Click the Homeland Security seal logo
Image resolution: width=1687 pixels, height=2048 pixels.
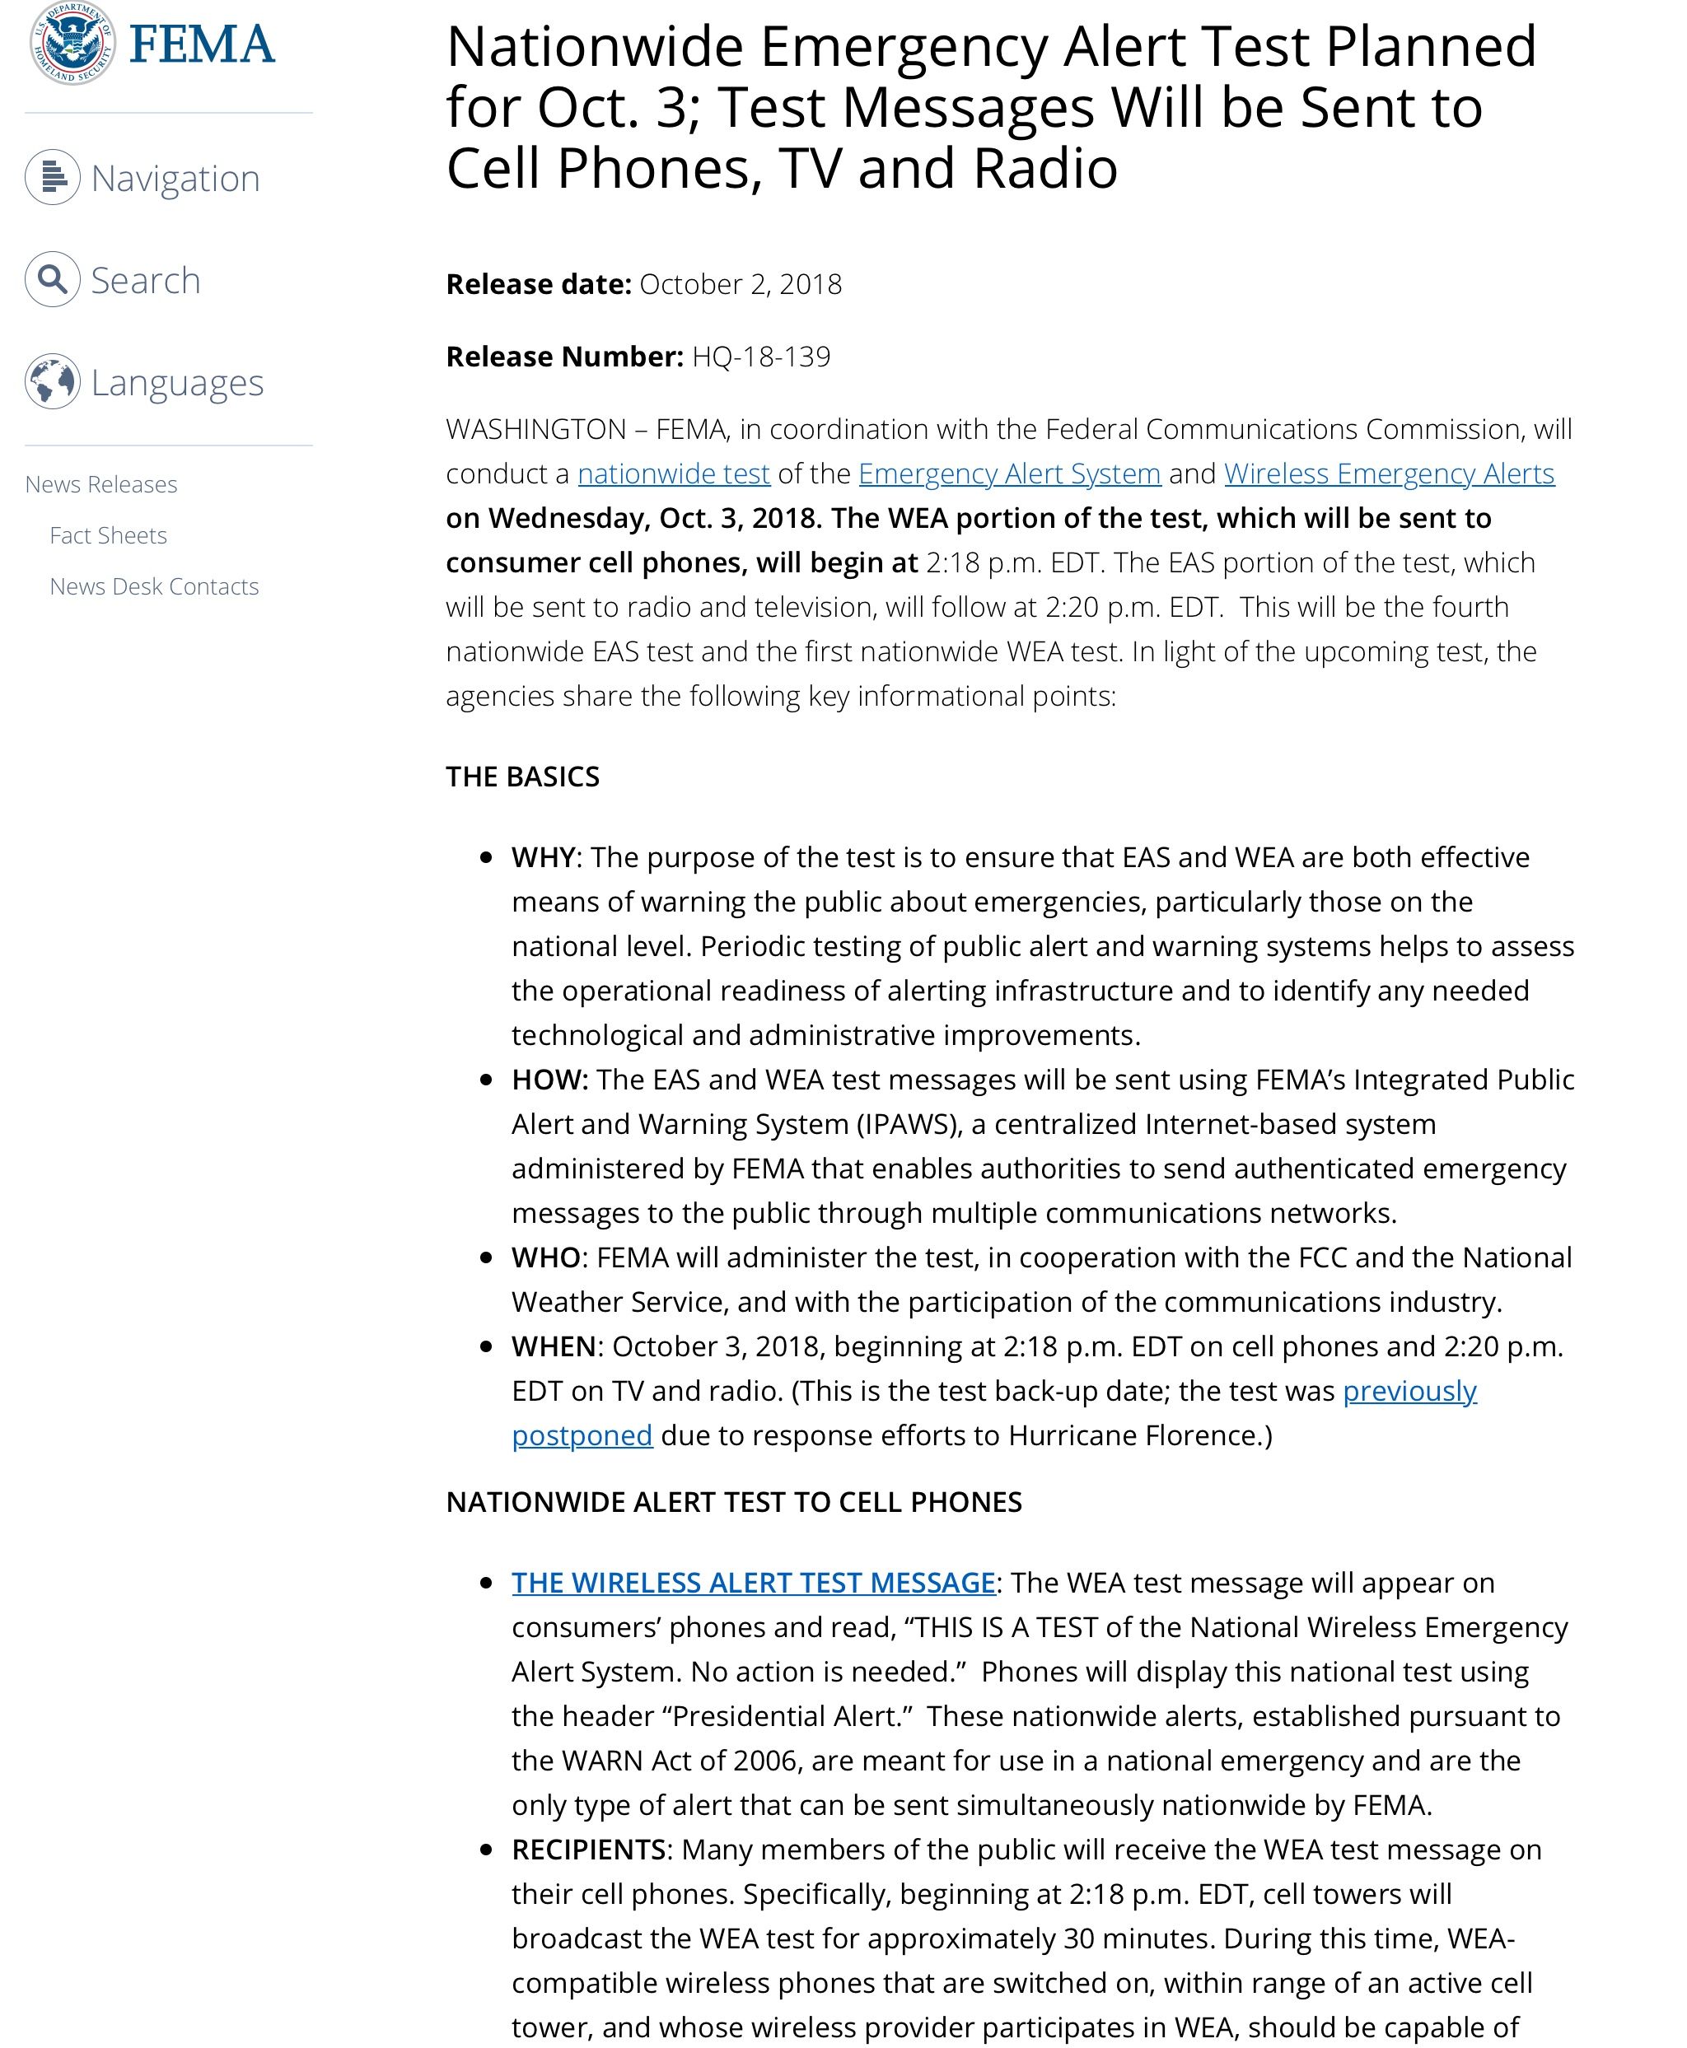[72, 44]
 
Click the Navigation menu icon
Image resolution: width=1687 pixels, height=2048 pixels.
[53, 177]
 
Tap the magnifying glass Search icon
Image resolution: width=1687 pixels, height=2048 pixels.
[53, 280]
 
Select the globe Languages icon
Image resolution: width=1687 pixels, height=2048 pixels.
[53, 382]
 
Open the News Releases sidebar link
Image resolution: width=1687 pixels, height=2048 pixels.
[101, 484]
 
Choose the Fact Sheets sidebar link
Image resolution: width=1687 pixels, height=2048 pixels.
[108, 535]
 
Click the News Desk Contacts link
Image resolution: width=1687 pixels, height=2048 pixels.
[153, 587]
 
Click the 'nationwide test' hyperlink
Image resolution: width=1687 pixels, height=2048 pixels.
[674, 474]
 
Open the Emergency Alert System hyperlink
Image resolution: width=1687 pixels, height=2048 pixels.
[1009, 474]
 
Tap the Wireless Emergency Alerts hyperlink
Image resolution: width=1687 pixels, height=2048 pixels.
[1389, 474]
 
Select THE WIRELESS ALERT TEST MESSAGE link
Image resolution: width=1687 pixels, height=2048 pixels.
[753, 1583]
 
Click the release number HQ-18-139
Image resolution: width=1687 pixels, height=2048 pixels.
[761, 357]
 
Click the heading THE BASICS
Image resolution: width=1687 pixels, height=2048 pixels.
[523, 777]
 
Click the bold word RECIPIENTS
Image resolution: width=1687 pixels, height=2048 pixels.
[590, 1849]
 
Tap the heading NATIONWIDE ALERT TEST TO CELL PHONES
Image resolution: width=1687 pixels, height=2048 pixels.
[734, 1502]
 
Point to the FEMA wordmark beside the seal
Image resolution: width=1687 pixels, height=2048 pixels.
[202, 44]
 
